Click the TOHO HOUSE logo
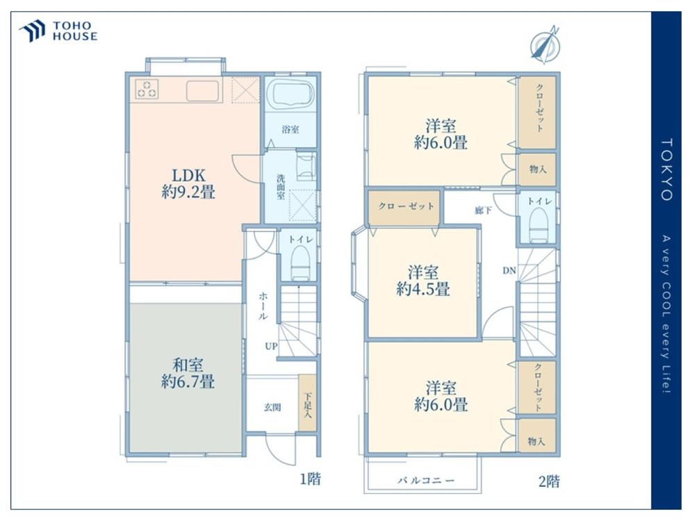tap(58, 31)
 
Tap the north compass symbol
tap(546, 44)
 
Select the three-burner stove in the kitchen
tap(147, 89)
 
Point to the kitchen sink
tap(202, 91)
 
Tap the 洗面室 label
tap(281, 186)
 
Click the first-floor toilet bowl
tap(300, 263)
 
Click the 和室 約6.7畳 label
tap(188, 374)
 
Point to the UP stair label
tap(271, 346)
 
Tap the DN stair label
tap(509, 270)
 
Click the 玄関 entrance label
tap(272, 407)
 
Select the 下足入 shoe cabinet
tap(307, 402)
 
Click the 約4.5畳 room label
tap(423, 289)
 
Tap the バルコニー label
tap(425, 480)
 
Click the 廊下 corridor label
tap(483, 210)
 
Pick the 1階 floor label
tap(310, 479)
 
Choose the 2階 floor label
tap(549, 481)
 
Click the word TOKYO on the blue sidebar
tap(667, 169)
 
